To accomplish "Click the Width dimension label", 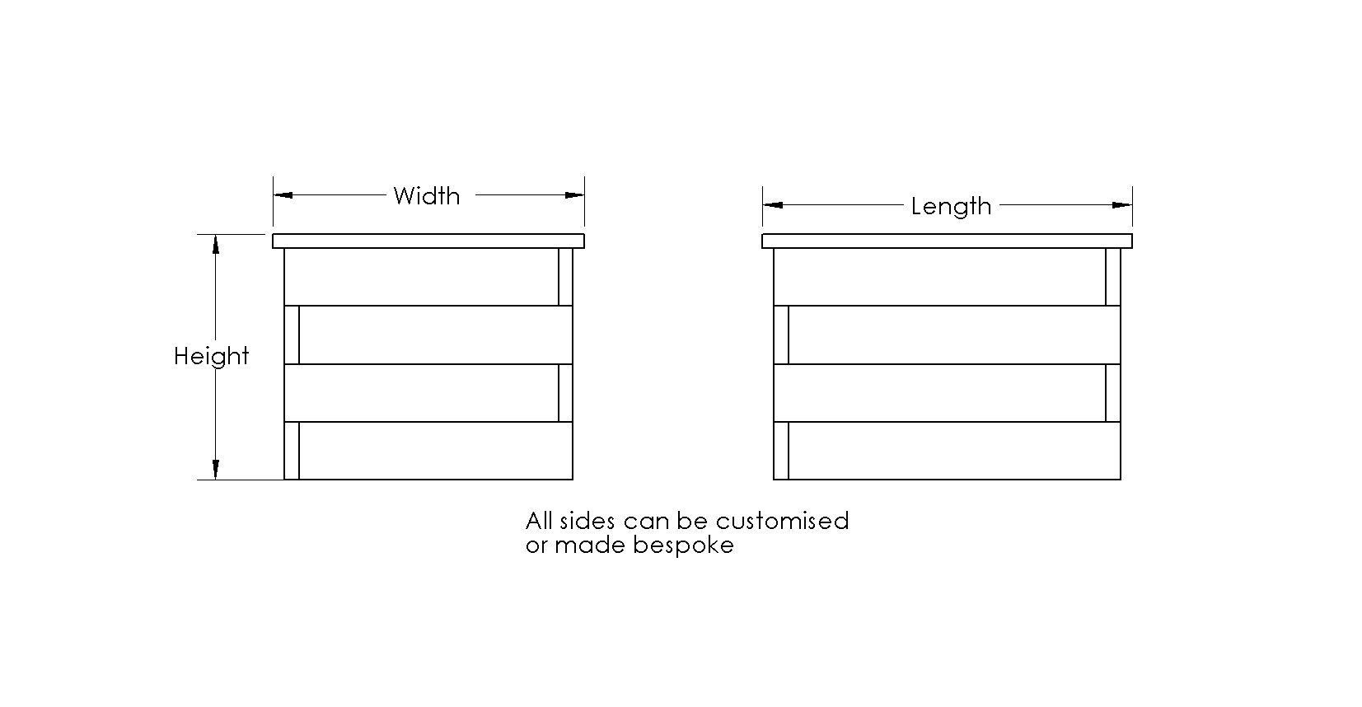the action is [x=426, y=196].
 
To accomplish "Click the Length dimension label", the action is [x=951, y=207].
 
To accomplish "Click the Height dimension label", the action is [x=212, y=356].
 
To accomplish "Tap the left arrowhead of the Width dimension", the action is [x=283, y=195].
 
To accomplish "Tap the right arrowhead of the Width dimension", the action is [x=574, y=195].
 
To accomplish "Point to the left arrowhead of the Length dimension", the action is [x=773, y=205].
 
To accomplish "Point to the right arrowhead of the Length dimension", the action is [x=1122, y=205].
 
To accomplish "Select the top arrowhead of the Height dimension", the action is [x=215, y=245].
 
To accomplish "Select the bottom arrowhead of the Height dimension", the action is [x=215, y=470].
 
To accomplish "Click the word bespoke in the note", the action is [x=683, y=545].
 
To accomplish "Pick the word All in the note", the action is [x=540, y=521].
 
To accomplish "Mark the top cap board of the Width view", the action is [x=428, y=241].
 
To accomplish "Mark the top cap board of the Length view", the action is [x=948, y=241].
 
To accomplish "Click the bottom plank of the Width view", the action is [x=436, y=451].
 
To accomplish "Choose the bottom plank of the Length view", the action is [x=955, y=451].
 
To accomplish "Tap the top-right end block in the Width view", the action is [x=565, y=277].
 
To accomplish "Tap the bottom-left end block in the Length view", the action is [x=781, y=451].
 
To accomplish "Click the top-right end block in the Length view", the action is [x=1113, y=277].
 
